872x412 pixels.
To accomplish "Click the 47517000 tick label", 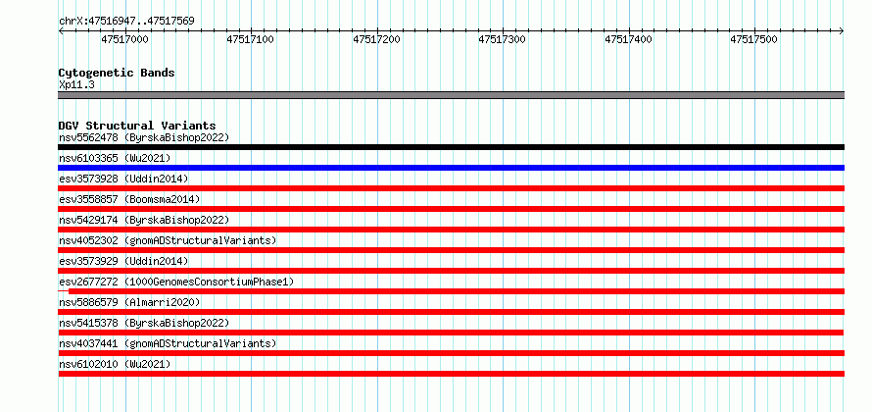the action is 125,40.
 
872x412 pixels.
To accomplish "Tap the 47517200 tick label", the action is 377,40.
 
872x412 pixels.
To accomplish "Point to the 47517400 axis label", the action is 628,40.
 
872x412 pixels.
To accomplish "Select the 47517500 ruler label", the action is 754,40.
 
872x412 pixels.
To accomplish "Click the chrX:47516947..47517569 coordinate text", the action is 126,22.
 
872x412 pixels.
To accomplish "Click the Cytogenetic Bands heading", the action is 117,73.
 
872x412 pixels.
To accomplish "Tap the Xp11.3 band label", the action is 75,85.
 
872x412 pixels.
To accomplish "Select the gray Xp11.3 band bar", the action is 451,95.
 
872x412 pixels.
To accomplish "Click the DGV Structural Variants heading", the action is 137,126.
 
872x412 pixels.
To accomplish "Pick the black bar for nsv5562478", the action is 451,147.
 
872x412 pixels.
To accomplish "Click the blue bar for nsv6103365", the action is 451,168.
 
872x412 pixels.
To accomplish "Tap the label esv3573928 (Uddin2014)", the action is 123,179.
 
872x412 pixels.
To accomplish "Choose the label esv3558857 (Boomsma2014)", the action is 129,199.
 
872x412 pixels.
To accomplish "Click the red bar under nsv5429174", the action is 451,230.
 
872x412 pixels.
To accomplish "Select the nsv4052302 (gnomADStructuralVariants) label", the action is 168,240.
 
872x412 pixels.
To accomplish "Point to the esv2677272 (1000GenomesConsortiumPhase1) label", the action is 176,282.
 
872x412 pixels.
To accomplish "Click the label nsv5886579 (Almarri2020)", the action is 129,302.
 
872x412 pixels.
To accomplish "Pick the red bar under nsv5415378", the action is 451,333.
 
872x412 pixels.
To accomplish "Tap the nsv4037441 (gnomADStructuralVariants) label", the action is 168,343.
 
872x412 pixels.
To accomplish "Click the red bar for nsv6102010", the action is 451,374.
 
